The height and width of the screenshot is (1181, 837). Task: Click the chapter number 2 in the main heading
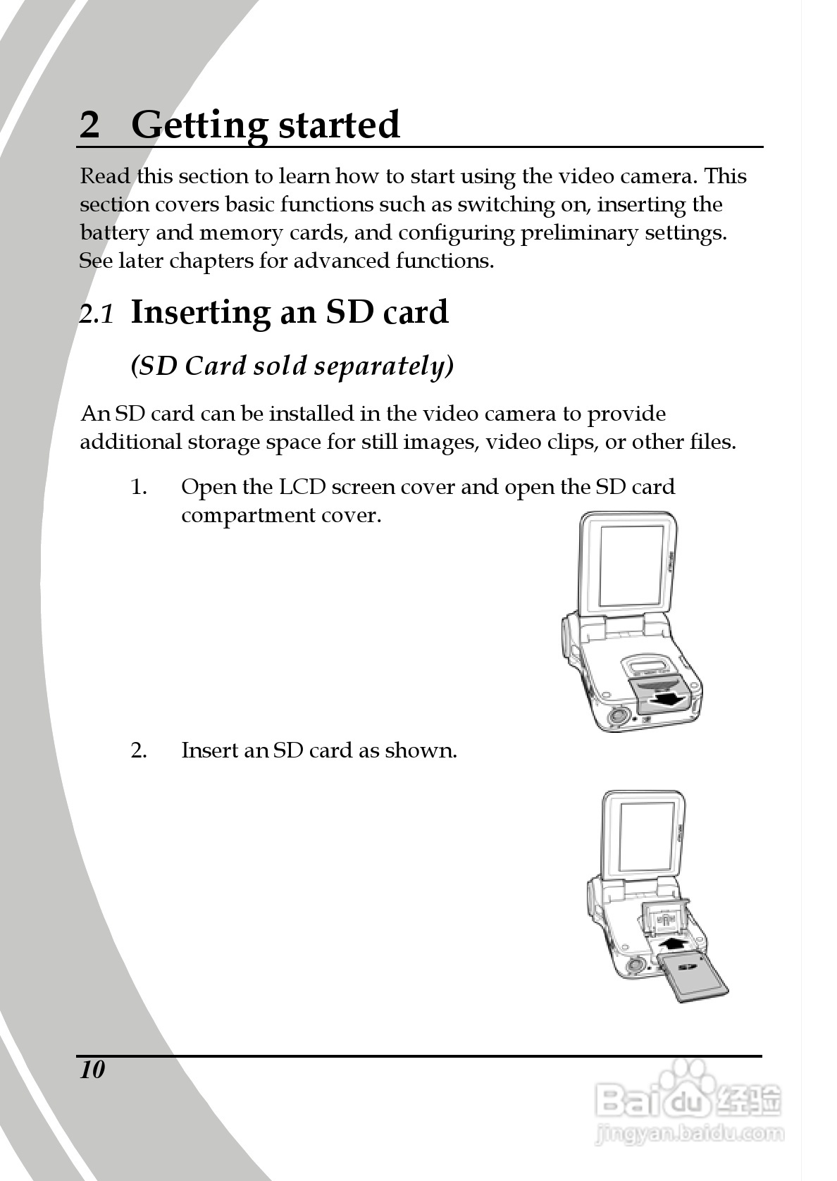tap(89, 125)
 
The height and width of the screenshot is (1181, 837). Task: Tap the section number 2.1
tap(97, 314)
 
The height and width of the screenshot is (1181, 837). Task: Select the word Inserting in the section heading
tap(200, 313)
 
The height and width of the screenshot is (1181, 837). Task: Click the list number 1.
tap(139, 487)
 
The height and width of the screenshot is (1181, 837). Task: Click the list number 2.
tap(139, 750)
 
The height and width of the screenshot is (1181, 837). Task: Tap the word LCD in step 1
tap(302, 487)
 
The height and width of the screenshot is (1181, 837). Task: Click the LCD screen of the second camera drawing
tap(647, 836)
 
